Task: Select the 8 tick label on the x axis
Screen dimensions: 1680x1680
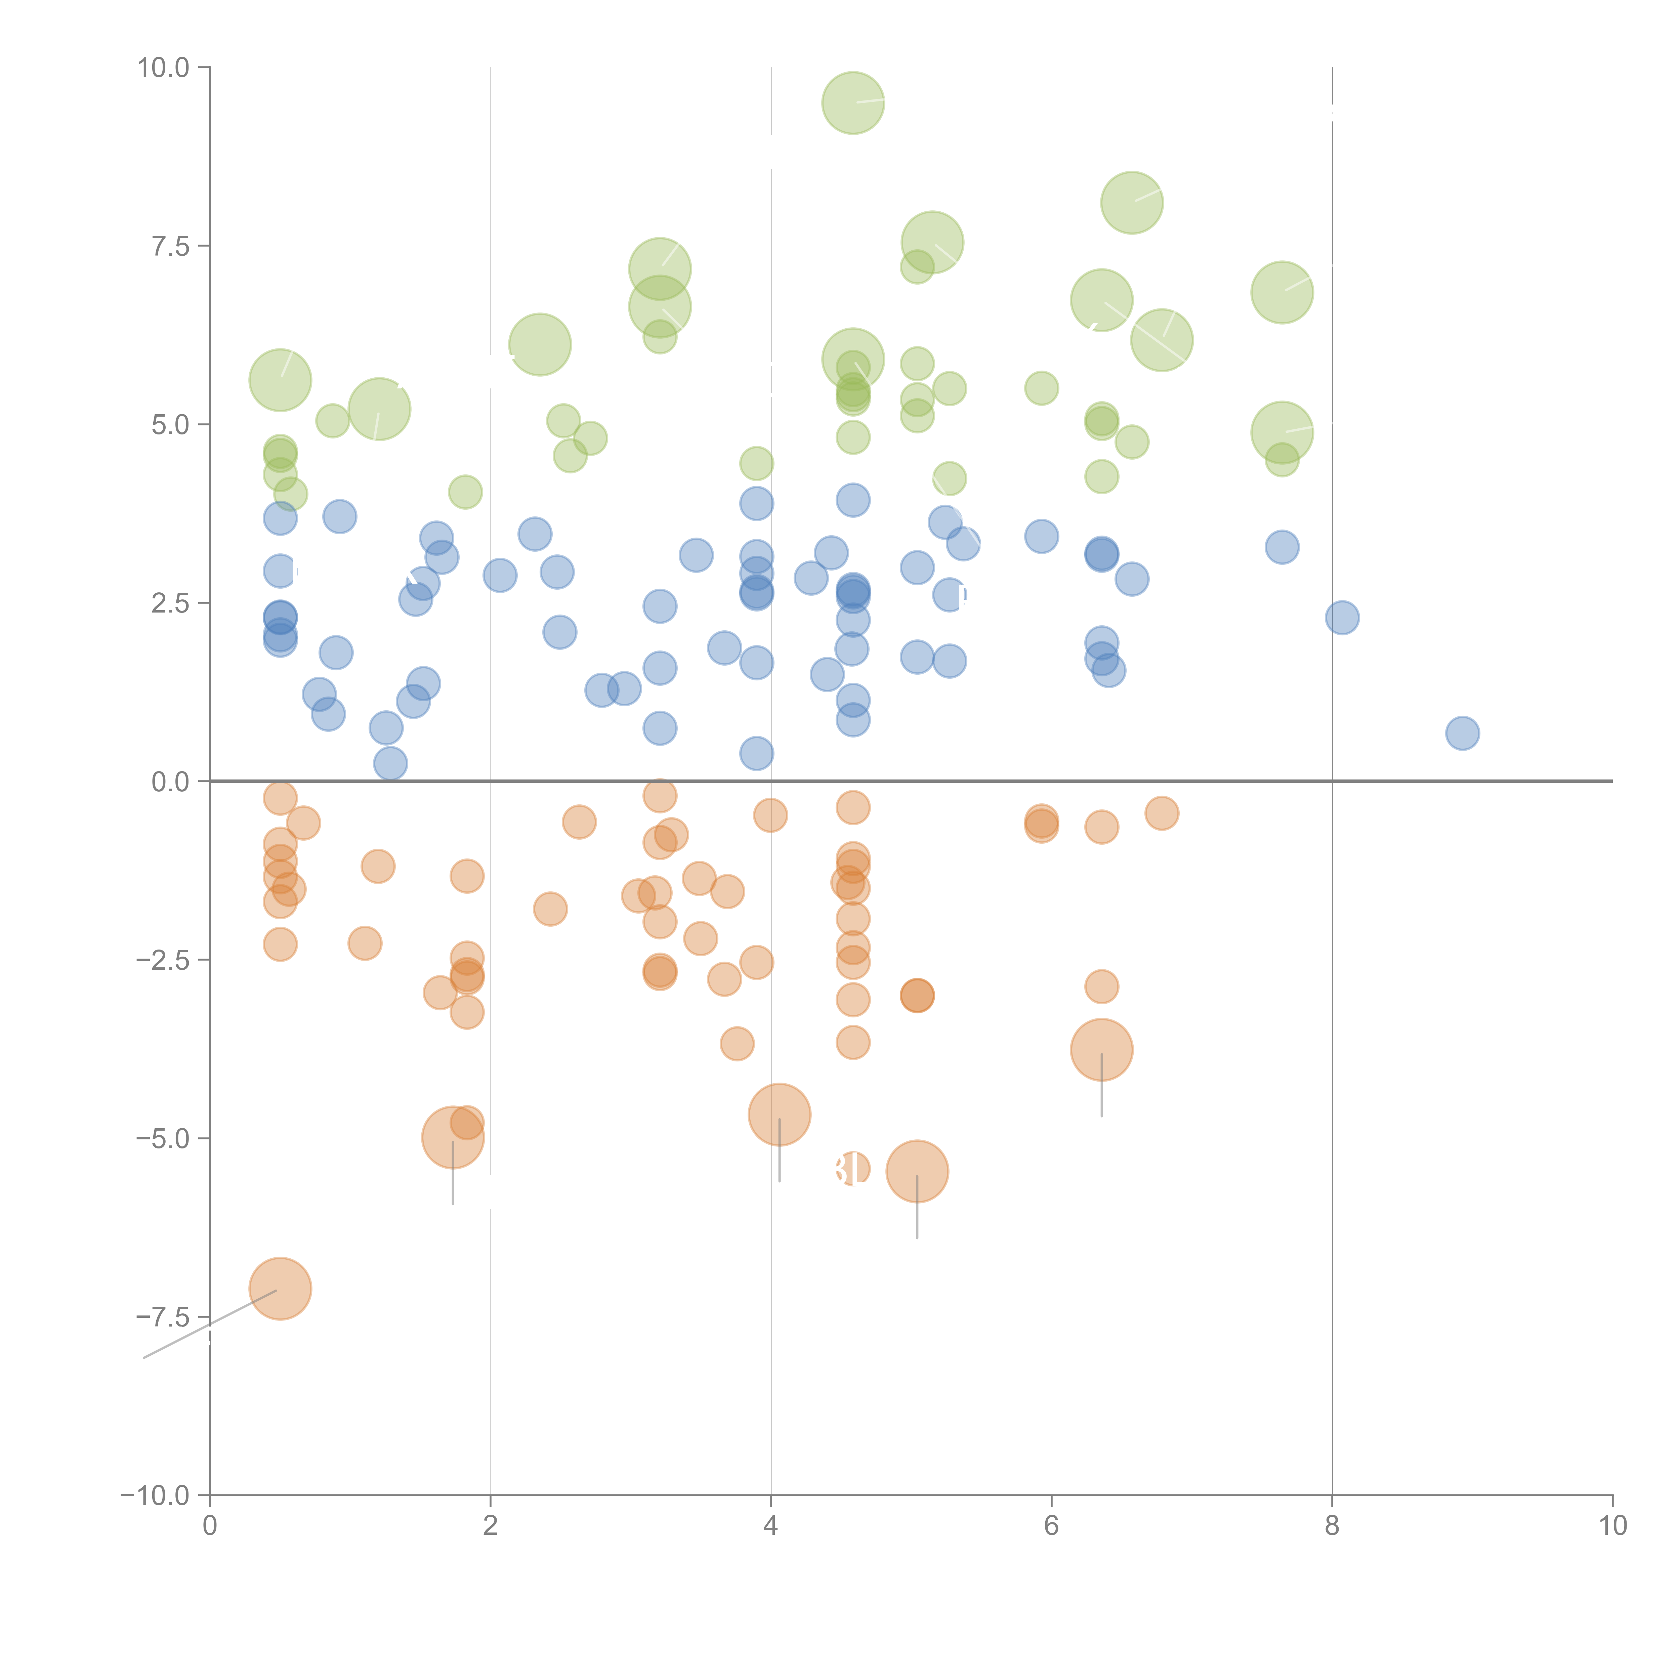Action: (x=1332, y=1525)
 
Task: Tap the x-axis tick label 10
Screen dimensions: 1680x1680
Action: (x=1612, y=1525)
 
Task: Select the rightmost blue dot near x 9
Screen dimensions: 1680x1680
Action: (x=1463, y=733)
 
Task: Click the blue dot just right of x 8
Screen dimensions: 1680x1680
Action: (x=1343, y=617)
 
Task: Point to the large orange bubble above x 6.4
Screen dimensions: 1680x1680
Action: (x=1102, y=1050)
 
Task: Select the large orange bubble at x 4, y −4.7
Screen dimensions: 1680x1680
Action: (x=779, y=1115)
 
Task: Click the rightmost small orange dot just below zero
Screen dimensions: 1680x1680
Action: (x=1162, y=813)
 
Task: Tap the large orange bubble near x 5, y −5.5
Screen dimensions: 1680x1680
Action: (x=917, y=1171)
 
